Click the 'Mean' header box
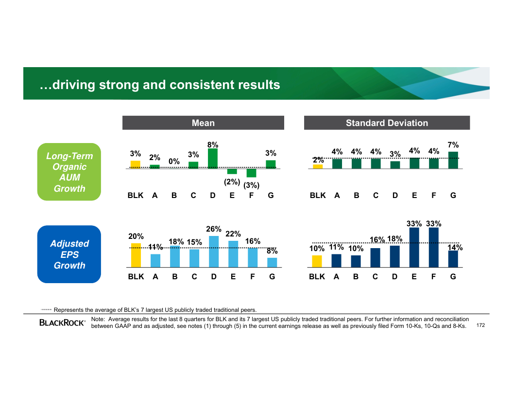pos(203,123)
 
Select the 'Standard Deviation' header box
pos(387,123)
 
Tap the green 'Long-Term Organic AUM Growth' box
pos(69,172)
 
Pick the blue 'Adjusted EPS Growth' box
pos(69,254)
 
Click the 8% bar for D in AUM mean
pos(213,159)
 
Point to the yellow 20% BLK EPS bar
pos(136,255)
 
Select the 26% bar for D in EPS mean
pos(214,252)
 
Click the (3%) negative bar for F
pos(251,173)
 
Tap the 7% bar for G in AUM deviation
pos(453,160)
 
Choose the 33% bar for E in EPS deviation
pos(414,248)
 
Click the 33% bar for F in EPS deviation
pos(434,248)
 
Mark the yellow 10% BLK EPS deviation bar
pos(317,262)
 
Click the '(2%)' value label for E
pos(232,181)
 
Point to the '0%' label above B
pos(174,161)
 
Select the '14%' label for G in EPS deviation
pos(455,248)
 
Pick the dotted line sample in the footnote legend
pos(46,309)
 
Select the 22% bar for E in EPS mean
pos(233,254)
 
